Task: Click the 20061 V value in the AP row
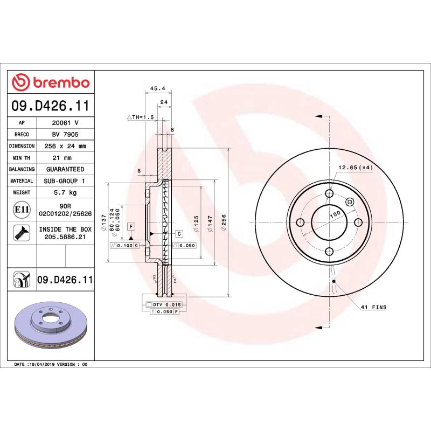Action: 65,122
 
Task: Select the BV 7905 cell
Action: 65,134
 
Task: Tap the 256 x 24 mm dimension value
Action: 65,146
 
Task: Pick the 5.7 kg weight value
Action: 65,192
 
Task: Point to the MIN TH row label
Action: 22,158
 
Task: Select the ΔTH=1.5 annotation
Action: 141,117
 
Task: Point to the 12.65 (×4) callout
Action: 355,168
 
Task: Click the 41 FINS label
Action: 373,307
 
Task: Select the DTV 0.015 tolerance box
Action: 163,304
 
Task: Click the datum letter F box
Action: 130,226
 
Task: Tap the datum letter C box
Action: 179,233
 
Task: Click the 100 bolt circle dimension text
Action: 336,214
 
